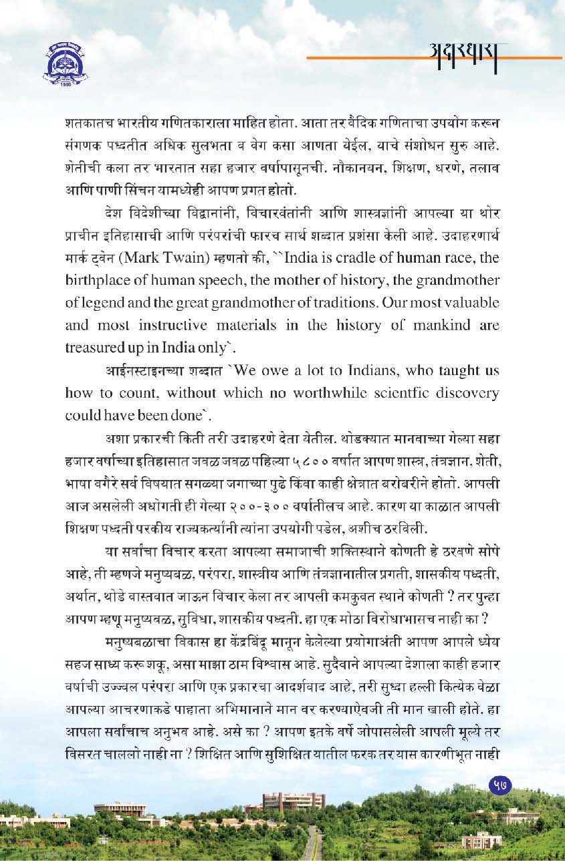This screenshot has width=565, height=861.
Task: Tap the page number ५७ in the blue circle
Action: pyautogui.click(x=498, y=786)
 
